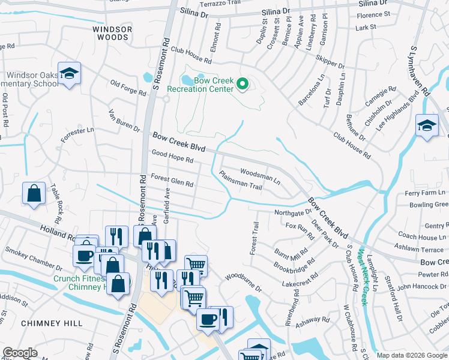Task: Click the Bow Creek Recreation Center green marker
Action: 243,85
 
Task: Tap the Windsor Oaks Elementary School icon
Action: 70,74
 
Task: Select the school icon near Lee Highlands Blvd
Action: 427,126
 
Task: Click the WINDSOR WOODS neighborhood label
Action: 110,33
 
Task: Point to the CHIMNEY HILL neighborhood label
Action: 52,323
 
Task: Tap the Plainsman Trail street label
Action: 240,181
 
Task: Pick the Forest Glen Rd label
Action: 172,180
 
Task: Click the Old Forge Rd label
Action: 128,89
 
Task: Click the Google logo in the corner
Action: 20,353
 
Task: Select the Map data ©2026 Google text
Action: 412,355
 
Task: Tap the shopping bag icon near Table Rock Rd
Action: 34,194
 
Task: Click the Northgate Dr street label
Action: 293,212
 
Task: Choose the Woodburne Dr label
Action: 244,283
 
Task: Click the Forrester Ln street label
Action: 77,134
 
